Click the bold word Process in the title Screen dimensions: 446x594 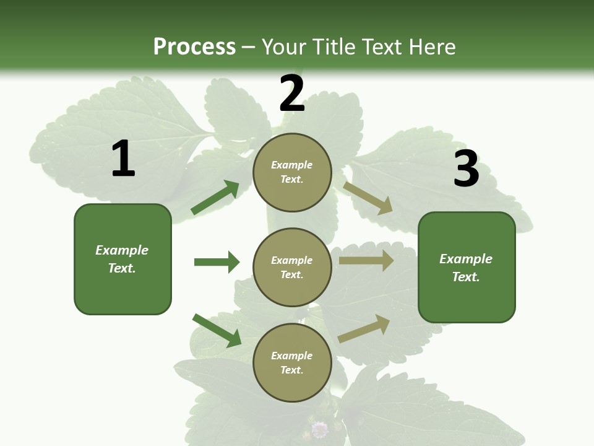pyautogui.click(x=194, y=46)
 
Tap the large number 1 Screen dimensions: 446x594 pyautogui.click(x=123, y=159)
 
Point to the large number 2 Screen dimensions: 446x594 pyautogui.click(x=292, y=94)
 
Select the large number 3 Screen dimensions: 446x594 pyautogui.click(x=466, y=169)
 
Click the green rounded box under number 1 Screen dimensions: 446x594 pyautogui.click(x=123, y=259)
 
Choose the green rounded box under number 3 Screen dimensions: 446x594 pyautogui.click(x=467, y=268)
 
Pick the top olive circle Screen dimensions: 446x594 pyautogui.click(x=292, y=172)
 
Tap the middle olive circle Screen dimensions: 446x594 pyautogui.click(x=292, y=268)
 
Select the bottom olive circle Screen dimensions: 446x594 pyautogui.click(x=292, y=363)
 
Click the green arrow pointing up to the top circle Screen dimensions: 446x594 pyautogui.click(x=215, y=198)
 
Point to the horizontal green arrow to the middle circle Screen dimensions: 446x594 pyautogui.click(x=217, y=262)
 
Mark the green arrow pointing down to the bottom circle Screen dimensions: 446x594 pyautogui.click(x=217, y=330)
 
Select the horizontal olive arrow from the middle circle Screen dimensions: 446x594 pyautogui.click(x=366, y=261)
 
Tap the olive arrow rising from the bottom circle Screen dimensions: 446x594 pyautogui.click(x=364, y=329)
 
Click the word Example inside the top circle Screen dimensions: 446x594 pyautogui.click(x=292, y=165)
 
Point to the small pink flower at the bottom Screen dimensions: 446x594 pyautogui.click(x=319, y=429)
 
